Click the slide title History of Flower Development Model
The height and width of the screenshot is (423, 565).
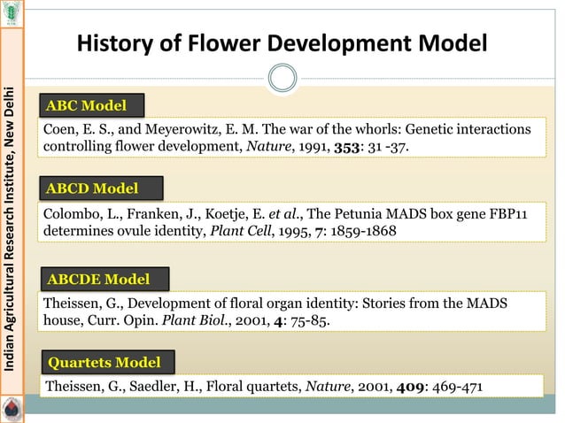click(282, 42)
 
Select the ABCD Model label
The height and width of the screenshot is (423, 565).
click(92, 188)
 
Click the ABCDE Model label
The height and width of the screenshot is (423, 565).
click(97, 280)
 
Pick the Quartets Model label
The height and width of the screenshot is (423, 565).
click(104, 362)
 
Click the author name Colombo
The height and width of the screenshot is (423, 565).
click(70, 213)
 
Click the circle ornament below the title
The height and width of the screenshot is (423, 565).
click(282, 78)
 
